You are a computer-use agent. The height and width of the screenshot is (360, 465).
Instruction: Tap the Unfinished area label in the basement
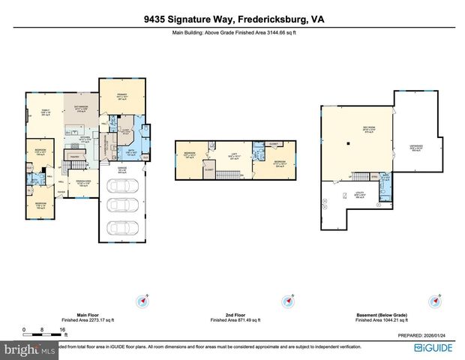point(416,148)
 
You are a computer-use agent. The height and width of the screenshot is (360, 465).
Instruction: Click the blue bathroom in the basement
point(385,180)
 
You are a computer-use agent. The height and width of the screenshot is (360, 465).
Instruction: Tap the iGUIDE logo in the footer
point(438,349)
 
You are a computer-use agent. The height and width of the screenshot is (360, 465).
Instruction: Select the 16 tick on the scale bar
point(62,329)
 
